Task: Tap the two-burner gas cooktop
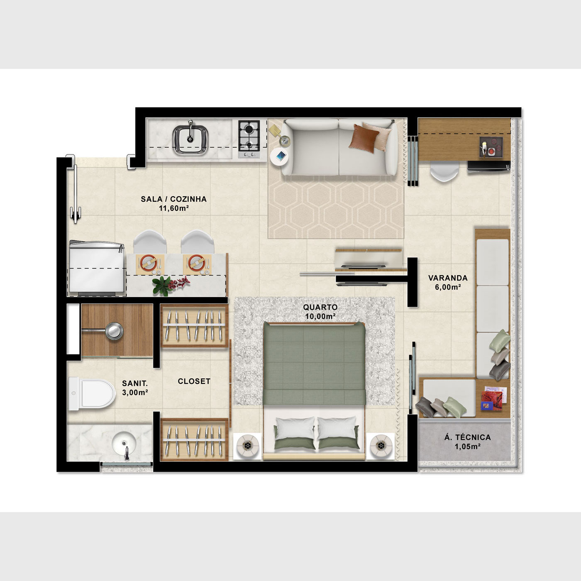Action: [x=249, y=138]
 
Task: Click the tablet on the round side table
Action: [x=281, y=156]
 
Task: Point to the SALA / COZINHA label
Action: [x=173, y=199]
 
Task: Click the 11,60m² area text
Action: [x=174, y=208]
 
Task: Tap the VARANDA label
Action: [x=448, y=278]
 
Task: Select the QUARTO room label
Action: [x=320, y=307]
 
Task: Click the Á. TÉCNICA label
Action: [x=467, y=437]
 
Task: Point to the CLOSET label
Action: [x=194, y=381]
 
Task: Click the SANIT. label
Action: [x=135, y=383]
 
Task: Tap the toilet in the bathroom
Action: [x=92, y=394]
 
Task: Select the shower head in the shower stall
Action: [x=115, y=331]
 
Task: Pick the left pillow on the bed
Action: [x=295, y=427]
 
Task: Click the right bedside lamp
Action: [x=381, y=445]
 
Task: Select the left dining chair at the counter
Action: [x=150, y=242]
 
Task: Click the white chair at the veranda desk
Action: [x=444, y=171]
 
